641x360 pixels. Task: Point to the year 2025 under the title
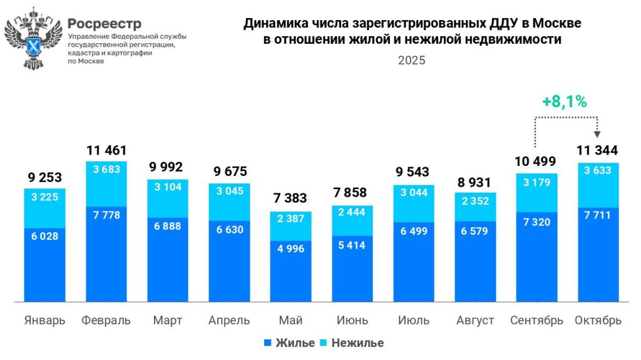tap(411, 61)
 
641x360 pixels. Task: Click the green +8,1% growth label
tap(564, 102)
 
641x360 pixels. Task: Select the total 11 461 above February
tap(106, 150)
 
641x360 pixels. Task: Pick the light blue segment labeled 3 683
tap(106, 184)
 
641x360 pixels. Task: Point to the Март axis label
tap(167, 321)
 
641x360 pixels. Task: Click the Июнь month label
tap(352, 321)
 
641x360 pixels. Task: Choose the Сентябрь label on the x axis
tap(536, 321)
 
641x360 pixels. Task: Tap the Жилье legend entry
tap(289, 342)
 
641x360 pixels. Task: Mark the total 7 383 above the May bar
tap(290, 198)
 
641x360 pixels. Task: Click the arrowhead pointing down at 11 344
tap(597, 133)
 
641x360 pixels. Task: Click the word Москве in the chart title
tap(560, 24)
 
